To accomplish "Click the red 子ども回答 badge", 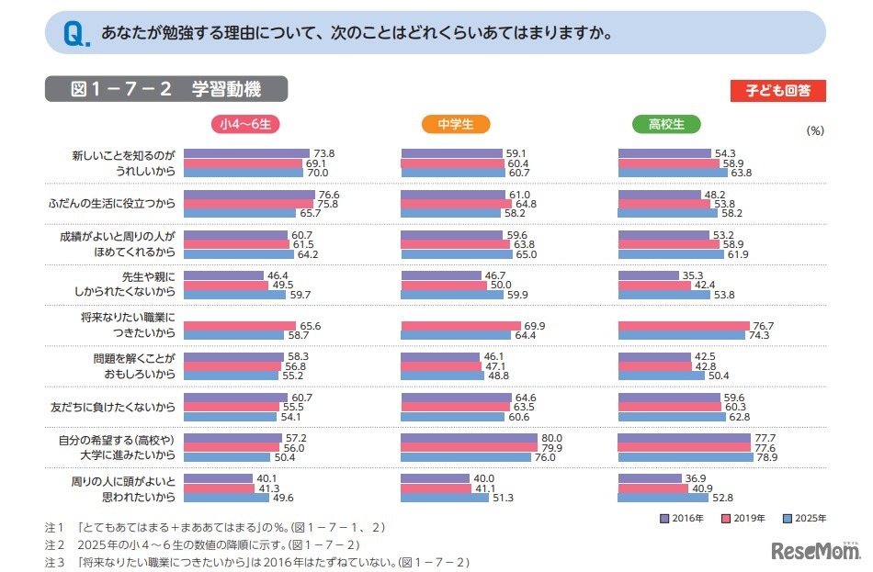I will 777,91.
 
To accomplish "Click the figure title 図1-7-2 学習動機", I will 166,89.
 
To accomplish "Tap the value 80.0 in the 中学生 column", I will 551,438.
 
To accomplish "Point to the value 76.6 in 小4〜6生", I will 328,195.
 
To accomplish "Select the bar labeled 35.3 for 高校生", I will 649,275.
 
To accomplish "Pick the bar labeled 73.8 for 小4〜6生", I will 246,153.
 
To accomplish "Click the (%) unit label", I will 815,130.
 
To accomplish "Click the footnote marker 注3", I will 54,561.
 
